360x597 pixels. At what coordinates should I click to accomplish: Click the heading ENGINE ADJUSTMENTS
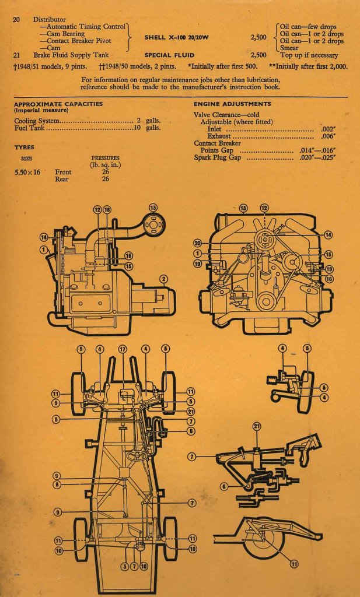click(232, 104)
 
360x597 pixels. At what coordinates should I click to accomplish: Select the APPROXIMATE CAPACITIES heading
click(58, 104)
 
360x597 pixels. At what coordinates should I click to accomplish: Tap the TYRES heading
click(25, 148)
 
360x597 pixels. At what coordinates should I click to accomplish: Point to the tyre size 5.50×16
click(27, 172)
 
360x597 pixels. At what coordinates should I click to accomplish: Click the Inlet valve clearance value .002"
click(328, 129)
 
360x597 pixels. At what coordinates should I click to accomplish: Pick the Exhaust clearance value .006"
click(328, 136)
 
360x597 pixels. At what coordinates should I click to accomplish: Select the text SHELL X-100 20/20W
click(177, 38)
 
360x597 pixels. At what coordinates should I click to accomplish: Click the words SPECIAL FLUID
click(169, 55)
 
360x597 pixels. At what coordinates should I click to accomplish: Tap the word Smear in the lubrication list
click(289, 48)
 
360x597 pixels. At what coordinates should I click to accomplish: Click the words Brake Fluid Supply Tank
click(71, 55)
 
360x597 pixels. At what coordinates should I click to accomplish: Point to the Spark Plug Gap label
click(217, 157)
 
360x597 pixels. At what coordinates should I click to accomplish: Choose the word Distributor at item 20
click(50, 19)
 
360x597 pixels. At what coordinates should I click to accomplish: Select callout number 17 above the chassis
click(123, 349)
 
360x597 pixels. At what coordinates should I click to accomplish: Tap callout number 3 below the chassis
click(125, 566)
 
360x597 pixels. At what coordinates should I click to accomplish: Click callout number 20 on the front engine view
click(197, 244)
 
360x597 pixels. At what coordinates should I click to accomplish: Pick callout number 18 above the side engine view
click(107, 209)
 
